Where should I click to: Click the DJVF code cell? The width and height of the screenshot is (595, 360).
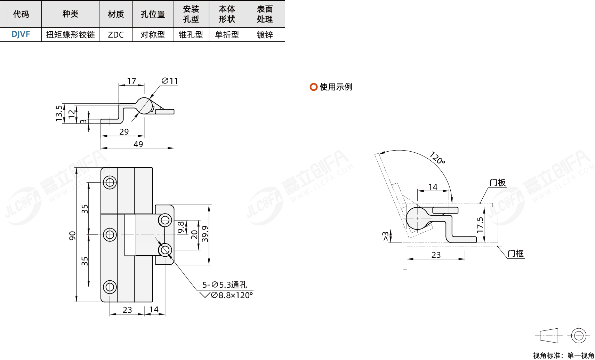tap(21, 34)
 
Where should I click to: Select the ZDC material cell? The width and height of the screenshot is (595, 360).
tap(116, 35)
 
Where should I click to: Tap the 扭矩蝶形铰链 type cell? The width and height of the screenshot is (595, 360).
tap(71, 35)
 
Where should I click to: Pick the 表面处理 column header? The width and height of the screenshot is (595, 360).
tap(265, 14)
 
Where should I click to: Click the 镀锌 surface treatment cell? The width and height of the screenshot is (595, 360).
tap(265, 35)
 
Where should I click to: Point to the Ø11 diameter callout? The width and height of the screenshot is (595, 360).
tap(170, 81)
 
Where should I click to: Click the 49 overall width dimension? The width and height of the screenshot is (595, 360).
tap(138, 144)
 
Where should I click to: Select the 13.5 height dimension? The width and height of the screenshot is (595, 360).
tap(59, 113)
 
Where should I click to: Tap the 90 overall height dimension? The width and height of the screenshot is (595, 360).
tap(72, 235)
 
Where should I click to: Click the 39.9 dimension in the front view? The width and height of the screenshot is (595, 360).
tap(205, 234)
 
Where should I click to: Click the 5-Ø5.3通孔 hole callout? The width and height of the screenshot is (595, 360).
tap(225, 285)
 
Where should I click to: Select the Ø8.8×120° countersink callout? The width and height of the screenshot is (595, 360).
tap(231, 295)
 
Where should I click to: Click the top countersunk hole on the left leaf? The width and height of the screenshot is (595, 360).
tap(110, 182)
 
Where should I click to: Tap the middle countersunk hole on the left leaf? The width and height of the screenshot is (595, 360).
tap(110, 235)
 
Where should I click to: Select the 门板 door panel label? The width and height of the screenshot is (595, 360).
tap(498, 183)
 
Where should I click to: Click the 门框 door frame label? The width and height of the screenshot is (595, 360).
tap(515, 254)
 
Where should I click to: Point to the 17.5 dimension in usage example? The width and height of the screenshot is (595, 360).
tap(480, 225)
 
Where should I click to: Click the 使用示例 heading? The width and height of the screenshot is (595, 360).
tap(336, 87)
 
